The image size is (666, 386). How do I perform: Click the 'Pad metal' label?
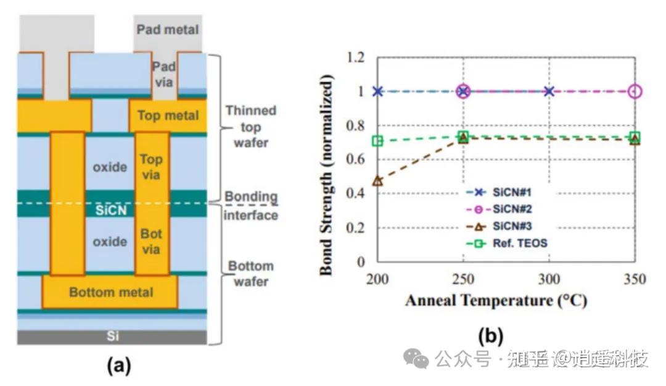click(x=168, y=29)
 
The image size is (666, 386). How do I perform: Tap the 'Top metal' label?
click(x=168, y=115)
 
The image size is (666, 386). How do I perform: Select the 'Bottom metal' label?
click(x=111, y=292)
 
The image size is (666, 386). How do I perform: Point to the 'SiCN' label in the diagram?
click(x=111, y=210)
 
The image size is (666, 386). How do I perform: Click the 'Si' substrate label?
click(x=112, y=337)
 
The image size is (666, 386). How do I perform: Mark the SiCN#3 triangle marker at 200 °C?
click(x=377, y=182)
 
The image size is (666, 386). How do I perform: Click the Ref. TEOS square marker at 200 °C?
click(x=377, y=141)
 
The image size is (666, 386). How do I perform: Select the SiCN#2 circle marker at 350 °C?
click(x=635, y=91)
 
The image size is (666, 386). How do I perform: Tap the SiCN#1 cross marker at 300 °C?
click(x=549, y=91)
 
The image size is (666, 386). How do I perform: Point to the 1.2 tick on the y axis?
click(x=357, y=57)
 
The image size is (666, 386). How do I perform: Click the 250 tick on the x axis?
click(x=463, y=280)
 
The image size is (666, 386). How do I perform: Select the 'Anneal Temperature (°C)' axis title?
click(x=495, y=301)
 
